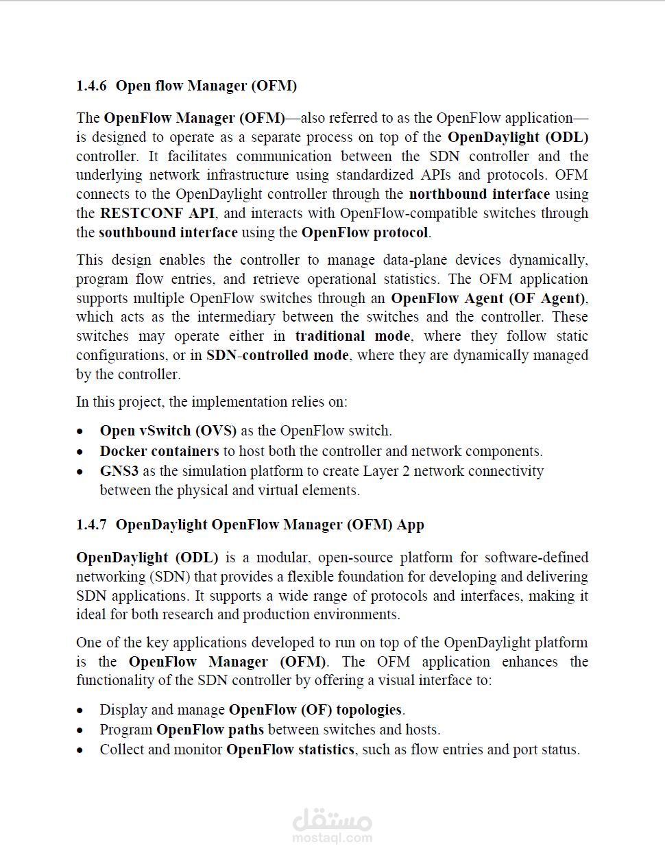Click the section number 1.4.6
pyautogui.click(x=91, y=86)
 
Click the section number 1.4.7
pyautogui.click(x=91, y=525)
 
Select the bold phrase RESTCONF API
pyautogui.click(x=157, y=213)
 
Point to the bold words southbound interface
pyautogui.click(x=168, y=232)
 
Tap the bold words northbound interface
pyautogui.click(x=479, y=194)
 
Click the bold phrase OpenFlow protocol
pyautogui.click(x=365, y=232)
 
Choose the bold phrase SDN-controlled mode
pyautogui.click(x=278, y=355)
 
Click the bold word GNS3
pyautogui.click(x=119, y=471)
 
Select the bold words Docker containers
pyautogui.click(x=159, y=451)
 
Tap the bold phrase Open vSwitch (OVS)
pyautogui.click(x=168, y=431)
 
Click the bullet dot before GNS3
pyautogui.click(x=80, y=472)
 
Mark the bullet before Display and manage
pyautogui.click(x=80, y=710)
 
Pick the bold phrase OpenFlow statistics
pyautogui.click(x=290, y=750)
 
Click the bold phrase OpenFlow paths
pyautogui.click(x=210, y=730)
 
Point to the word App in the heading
pyautogui.click(x=411, y=525)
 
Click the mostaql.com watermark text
pyautogui.click(x=332, y=838)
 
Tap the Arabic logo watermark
pyautogui.click(x=332, y=819)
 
